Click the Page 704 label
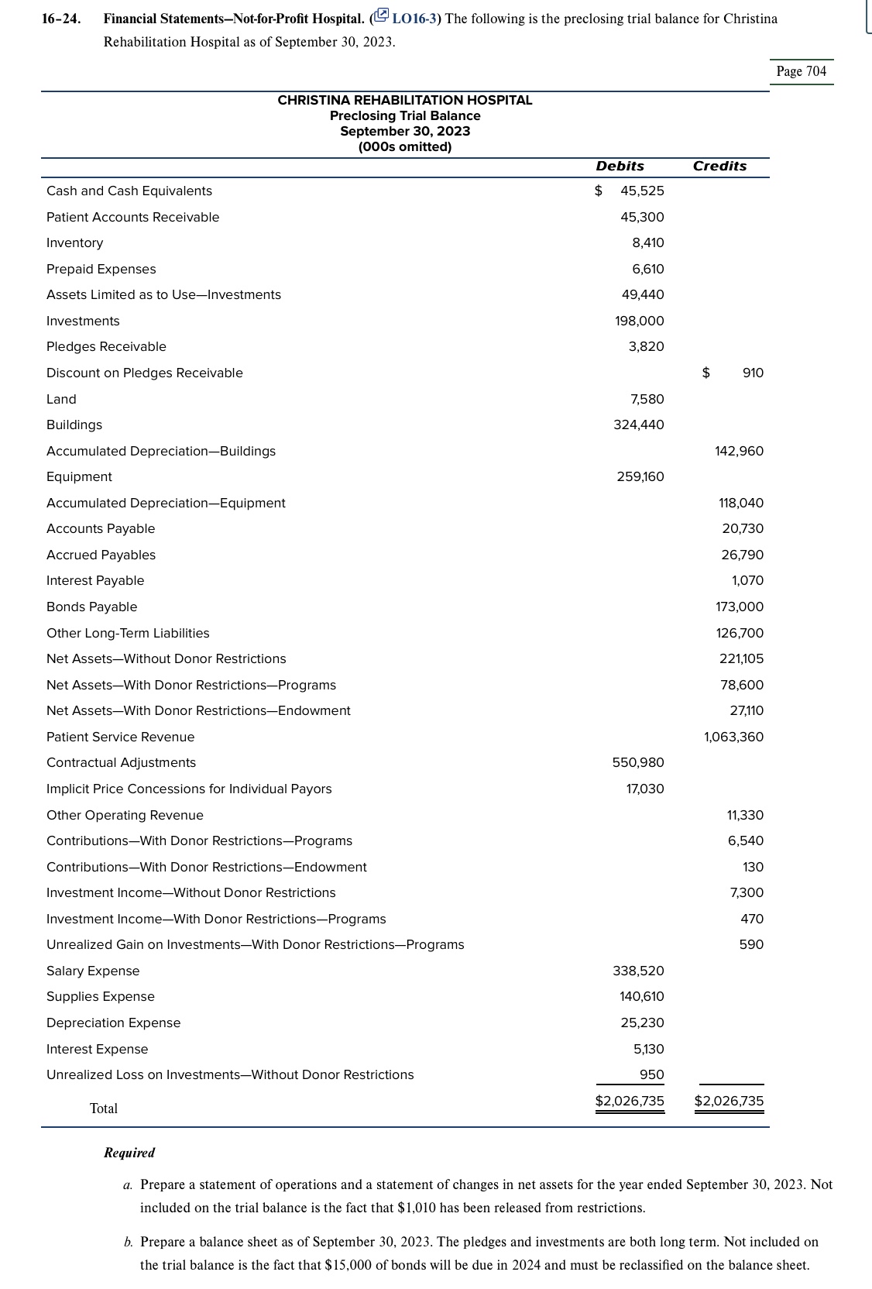pos(802,71)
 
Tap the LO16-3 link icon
pos(380,18)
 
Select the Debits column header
pos(620,166)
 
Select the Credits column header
pos(719,166)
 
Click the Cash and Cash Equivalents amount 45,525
pos(641,191)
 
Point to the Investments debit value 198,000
pos(639,321)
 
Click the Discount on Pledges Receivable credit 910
pos(752,373)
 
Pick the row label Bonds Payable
pos(91,607)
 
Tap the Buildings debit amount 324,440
pos(638,425)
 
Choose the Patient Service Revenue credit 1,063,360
pos(733,737)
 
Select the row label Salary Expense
pos(93,971)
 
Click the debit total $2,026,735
pos(629,1101)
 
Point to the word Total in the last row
pos(104,1109)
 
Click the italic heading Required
pos(129,1153)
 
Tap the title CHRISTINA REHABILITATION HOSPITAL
pos(404,100)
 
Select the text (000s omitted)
pos(404,146)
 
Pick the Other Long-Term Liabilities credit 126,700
pos(739,633)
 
